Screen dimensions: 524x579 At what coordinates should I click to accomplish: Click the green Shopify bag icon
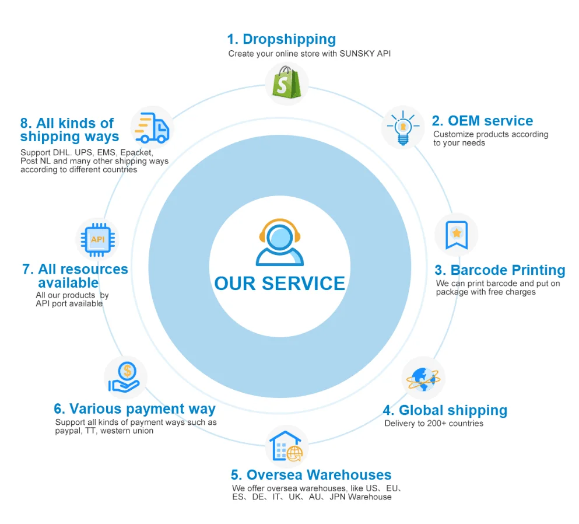pos(286,84)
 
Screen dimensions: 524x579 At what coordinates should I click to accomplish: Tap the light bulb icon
pos(402,127)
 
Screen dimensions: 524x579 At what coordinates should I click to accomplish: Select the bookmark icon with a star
pos(456,235)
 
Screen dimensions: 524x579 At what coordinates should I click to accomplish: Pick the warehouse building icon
pos(286,447)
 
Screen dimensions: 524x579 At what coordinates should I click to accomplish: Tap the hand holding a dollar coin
pos(125,377)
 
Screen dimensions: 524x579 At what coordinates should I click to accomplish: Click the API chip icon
pos(97,239)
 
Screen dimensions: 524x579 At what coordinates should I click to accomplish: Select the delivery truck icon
pos(151,128)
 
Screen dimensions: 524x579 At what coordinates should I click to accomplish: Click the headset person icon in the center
pos(280,243)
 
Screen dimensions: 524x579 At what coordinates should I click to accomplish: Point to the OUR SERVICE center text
pos(280,284)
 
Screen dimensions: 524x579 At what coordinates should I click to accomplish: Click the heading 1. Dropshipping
pos(281,39)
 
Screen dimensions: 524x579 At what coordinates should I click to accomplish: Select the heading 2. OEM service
pos(482,121)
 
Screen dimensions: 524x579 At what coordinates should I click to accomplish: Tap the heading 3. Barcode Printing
pos(500,270)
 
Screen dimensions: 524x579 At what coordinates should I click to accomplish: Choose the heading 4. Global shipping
pos(445,410)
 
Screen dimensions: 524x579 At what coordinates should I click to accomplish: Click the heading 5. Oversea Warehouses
pos(311,475)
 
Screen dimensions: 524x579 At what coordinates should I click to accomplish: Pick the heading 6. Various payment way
pos(135,408)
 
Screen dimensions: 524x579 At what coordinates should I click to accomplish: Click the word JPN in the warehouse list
pos(338,497)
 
